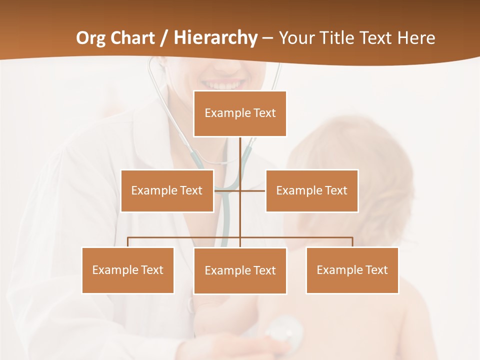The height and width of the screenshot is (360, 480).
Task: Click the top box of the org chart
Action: click(240, 113)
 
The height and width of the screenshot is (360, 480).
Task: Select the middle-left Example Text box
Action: click(167, 190)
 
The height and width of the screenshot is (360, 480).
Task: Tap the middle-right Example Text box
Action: click(311, 190)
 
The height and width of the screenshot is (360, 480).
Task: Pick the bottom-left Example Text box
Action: click(127, 270)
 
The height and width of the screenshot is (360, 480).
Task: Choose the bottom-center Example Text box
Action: click(240, 270)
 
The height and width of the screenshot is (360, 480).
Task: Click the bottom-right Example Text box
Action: click(352, 270)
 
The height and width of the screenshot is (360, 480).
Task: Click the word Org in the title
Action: click(91, 38)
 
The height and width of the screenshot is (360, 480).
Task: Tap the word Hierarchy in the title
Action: click(215, 38)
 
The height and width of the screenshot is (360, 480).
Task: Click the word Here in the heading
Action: click(416, 38)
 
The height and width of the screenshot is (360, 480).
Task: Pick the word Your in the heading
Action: click(295, 38)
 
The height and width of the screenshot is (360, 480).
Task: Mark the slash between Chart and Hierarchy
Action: click(164, 38)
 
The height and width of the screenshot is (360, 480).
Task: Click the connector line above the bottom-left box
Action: click(127, 242)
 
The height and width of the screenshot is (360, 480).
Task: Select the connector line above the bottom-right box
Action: click(352, 242)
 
